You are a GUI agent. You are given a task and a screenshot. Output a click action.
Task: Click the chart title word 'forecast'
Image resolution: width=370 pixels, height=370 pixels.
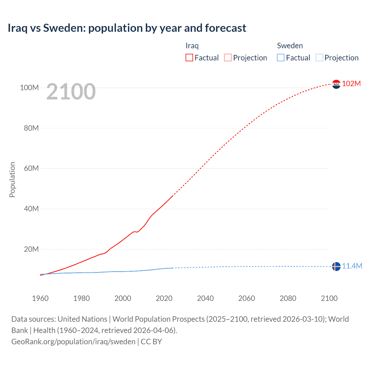[225, 28]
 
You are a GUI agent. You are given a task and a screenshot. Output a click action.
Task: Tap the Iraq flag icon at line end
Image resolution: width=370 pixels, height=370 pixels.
[336, 84]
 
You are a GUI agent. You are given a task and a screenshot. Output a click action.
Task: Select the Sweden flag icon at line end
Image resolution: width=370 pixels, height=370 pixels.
[336, 266]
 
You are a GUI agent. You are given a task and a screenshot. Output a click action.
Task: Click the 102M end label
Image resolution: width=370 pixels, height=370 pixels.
[351, 84]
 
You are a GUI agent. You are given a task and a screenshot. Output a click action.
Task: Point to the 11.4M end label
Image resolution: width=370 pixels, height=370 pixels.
[352, 266]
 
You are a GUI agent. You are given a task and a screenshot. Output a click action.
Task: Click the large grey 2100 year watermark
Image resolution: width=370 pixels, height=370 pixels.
[71, 92]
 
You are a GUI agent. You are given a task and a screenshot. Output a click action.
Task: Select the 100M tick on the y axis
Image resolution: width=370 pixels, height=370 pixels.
[29, 88]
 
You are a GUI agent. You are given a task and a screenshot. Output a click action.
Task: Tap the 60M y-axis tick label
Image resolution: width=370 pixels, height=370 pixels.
[31, 168]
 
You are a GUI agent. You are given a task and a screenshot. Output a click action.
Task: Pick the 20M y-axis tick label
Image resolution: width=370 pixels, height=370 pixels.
[31, 249]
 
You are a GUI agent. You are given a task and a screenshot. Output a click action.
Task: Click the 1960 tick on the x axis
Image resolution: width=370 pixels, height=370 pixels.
[40, 298]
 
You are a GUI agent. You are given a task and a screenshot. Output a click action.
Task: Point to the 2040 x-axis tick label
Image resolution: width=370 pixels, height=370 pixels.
[205, 298]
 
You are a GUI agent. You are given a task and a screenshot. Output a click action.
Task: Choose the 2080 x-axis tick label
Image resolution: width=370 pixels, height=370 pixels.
[288, 298]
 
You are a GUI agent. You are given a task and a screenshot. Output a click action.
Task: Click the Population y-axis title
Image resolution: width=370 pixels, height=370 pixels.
[12, 180]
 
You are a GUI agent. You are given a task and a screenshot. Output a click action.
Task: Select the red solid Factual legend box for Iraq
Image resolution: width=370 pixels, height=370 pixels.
[189, 58]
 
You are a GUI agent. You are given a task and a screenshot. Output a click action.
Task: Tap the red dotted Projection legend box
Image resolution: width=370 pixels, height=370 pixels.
[228, 58]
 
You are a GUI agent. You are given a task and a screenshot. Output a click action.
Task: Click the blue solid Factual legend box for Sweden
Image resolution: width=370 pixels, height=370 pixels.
[281, 58]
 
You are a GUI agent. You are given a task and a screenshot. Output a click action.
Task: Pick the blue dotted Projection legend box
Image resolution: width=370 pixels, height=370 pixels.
[319, 58]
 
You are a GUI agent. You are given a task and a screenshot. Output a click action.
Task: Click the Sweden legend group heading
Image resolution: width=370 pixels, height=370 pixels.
[290, 46]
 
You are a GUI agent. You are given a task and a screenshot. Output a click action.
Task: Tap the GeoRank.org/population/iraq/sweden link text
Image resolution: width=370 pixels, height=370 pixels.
[73, 342]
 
